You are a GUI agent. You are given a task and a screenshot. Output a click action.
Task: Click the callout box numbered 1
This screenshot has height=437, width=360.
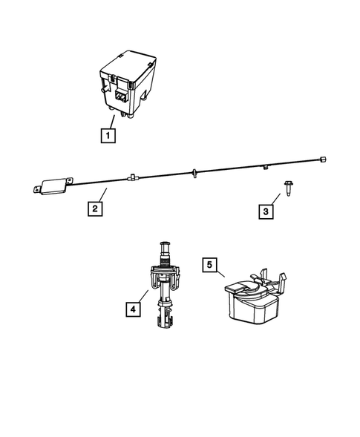(108, 136)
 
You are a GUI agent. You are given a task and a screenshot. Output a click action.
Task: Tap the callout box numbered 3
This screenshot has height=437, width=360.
(265, 211)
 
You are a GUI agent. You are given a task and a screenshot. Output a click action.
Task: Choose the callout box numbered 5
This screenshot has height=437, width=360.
(210, 264)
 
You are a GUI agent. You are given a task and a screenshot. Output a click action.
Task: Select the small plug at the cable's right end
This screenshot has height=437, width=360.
(321, 159)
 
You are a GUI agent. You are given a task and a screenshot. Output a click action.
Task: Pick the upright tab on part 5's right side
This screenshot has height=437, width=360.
(282, 283)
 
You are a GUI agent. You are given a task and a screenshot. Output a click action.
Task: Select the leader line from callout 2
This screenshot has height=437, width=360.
(104, 196)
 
